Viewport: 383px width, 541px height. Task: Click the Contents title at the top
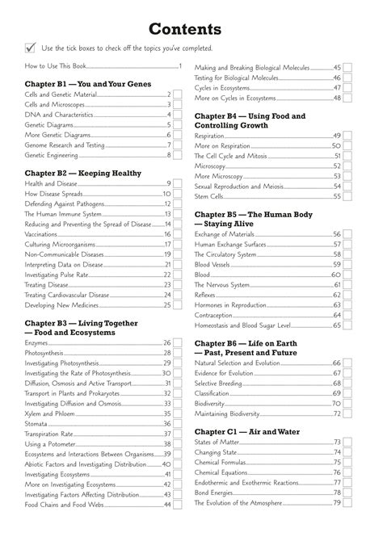(x=191, y=29)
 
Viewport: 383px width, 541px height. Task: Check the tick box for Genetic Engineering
(x=177, y=155)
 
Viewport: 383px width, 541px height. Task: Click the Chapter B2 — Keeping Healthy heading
(x=72, y=174)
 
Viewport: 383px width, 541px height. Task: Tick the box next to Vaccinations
(x=177, y=234)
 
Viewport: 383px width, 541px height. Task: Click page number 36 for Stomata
(x=166, y=423)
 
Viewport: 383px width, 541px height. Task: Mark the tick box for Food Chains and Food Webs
(x=177, y=505)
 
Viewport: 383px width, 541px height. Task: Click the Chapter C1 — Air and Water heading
(x=246, y=432)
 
